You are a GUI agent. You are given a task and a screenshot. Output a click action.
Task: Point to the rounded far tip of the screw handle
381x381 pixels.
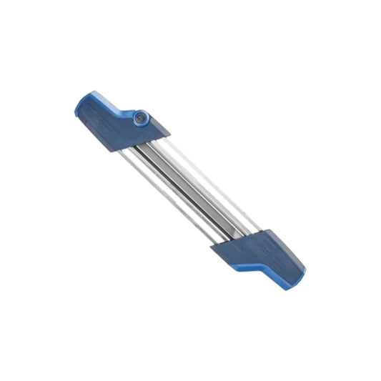[77, 109]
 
